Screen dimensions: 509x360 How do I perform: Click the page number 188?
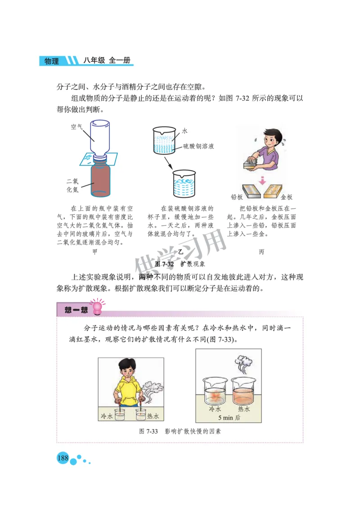[62, 458]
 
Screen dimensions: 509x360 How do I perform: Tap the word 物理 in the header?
[52, 61]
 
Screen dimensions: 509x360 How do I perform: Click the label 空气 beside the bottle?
[76, 127]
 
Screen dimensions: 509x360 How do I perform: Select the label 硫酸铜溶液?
[198, 146]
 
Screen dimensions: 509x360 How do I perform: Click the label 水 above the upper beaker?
[184, 131]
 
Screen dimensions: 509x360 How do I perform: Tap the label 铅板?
[237, 197]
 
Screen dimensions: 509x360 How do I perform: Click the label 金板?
[286, 197]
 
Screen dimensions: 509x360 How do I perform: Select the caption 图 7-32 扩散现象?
[180, 264]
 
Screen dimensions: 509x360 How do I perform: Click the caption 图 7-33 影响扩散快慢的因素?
[180, 431]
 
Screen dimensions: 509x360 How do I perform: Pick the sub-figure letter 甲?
[94, 252]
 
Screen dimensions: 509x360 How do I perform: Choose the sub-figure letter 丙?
[261, 252]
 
